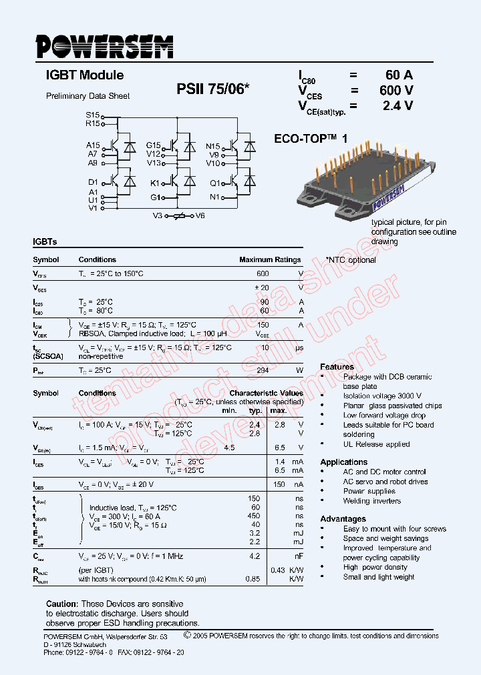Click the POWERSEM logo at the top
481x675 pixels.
[104, 47]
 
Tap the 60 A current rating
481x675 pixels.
[399, 75]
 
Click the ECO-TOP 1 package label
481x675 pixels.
[311, 139]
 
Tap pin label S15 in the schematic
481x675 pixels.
[92, 115]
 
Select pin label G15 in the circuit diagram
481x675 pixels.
[154, 145]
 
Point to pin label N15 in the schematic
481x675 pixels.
[212, 145]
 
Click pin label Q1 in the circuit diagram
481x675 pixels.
[214, 183]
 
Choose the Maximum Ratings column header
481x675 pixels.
[270, 259]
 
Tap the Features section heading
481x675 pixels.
[337, 367]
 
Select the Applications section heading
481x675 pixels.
[343, 462]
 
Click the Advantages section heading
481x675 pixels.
[343, 518]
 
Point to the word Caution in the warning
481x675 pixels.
[62, 604]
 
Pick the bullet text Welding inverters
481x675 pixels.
[372, 501]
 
